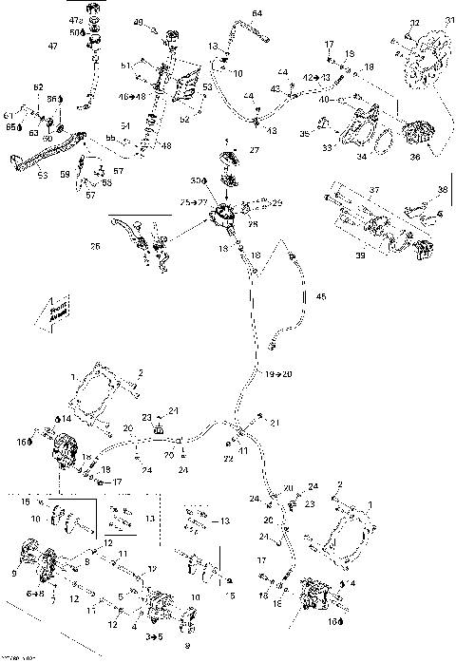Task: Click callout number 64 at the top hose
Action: point(257,12)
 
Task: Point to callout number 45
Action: point(320,298)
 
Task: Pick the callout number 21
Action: point(276,422)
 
